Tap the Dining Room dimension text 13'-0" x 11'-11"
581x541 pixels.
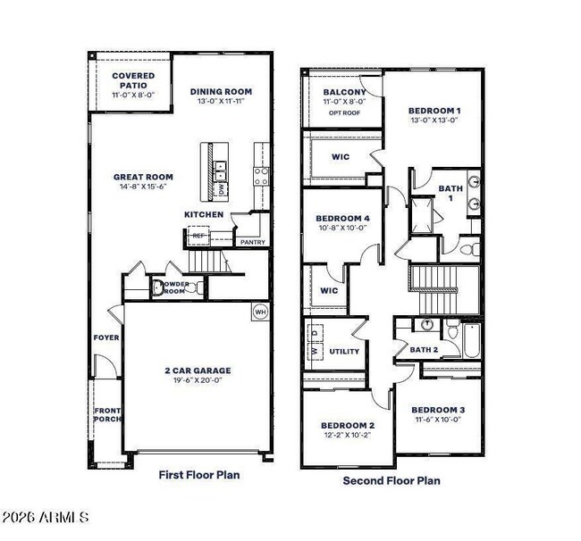pos(221,102)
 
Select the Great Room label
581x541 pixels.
pos(143,177)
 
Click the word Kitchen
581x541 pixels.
pos(204,215)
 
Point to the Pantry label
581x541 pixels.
pos(253,241)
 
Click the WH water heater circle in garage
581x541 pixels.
pos(261,312)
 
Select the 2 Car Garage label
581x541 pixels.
pos(197,370)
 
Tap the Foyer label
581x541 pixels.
pos(106,337)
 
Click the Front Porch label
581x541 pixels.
pos(107,415)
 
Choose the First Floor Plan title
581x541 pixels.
pos(198,475)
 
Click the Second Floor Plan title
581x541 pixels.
pos(392,480)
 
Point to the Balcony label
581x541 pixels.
pos(344,92)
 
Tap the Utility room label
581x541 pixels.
pos(344,351)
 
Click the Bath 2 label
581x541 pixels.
pos(423,350)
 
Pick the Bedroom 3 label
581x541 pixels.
pos(438,410)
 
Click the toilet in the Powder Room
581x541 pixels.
pos(159,287)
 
